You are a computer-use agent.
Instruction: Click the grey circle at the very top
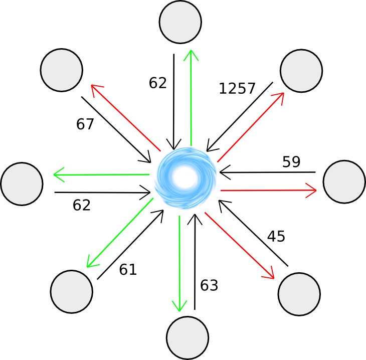(x=180, y=22)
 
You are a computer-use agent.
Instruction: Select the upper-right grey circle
(x=301, y=71)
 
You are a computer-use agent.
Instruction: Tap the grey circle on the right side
(x=344, y=182)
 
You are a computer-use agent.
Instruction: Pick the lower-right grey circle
(x=299, y=294)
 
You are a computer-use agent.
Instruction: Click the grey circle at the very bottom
(x=188, y=337)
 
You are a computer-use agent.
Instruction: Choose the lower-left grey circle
(x=72, y=291)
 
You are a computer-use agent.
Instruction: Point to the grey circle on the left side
(x=22, y=184)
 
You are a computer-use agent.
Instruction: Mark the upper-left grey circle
(x=62, y=70)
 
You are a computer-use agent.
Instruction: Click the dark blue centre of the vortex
(x=185, y=177)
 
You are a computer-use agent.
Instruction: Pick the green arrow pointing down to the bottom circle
(x=186, y=261)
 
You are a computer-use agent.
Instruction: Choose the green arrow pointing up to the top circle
(x=191, y=100)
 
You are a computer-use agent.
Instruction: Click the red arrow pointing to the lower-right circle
(x=246, y=243)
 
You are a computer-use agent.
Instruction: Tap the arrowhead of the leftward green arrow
(x=59, y=174)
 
